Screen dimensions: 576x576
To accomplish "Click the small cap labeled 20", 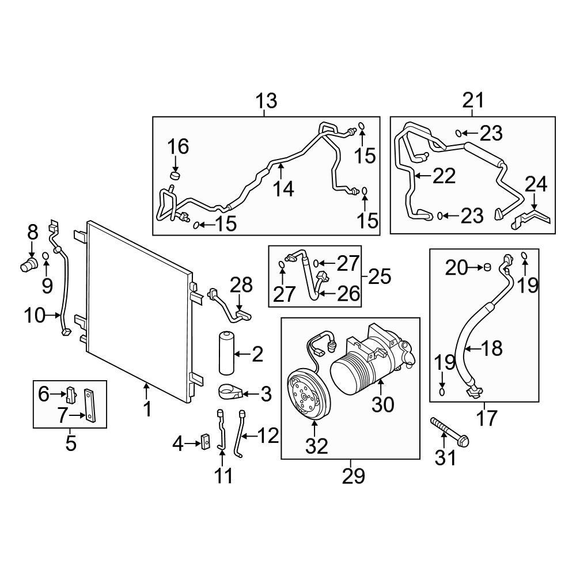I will tap(486, 267).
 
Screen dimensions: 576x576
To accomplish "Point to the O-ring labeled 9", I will tap(46, 255).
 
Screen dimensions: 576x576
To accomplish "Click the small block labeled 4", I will tap(203, 442).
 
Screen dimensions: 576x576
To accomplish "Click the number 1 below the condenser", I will tap(147, 410).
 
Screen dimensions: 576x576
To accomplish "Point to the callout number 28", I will tap(242, 285).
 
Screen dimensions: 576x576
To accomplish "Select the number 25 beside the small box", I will tap(379, 277).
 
